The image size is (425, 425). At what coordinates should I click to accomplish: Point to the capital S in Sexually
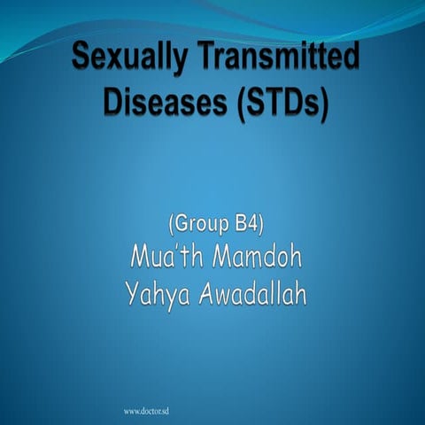coord(81,59)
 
